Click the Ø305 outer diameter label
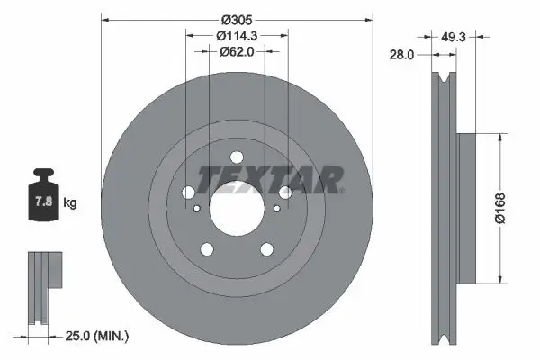click(237, 18)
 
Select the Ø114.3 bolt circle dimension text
click(238, 35)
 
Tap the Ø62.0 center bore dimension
click(238, 52)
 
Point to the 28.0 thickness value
click(402, 54)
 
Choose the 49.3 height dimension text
click(454, 37)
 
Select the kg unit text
click(70, 203)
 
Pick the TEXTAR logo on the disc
click(270, 179)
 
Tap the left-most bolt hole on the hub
click(187, 193)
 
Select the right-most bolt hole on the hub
click(285, 193)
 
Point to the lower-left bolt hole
click(206, 250)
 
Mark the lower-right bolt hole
click(266, 250)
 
